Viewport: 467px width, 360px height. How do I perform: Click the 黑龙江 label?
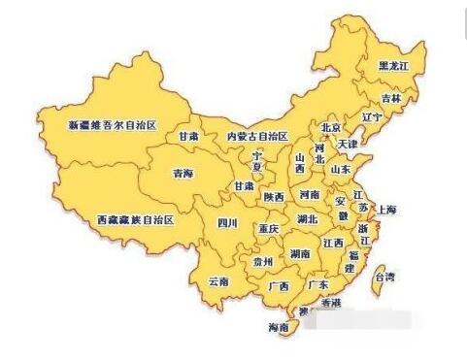pyautogui.click(x=395, y=66)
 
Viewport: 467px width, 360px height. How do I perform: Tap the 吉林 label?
pyautogui.click(x=390, y=98)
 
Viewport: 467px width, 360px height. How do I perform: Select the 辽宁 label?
pyautogui.click(x=372, y=118)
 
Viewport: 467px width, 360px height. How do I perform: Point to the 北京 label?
pyautogui.click(x=332, y=128)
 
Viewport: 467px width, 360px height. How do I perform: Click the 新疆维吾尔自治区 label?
pyautogui.click(x=113, y=126)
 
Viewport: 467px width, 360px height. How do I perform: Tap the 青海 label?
pyautogui.click(x=183, y=175)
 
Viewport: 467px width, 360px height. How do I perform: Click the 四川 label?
pyautogui.click(x=227, y=222)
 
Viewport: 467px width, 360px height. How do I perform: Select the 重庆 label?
pyautogui.click(x=268, y=229)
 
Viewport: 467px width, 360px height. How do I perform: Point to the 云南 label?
pyautogui.click(x=218, y=282)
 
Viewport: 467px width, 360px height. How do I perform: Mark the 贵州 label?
pyautogui.click(x=263, y=262)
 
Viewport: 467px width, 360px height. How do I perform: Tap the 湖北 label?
pyautogui.click(x=308, y=219)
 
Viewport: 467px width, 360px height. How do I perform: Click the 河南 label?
pyautogui.click(x=310, y=194)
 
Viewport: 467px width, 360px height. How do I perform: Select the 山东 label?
pyautogui.click(x=340, y=169)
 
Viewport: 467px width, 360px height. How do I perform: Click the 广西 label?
pyautogui.click(x=278, y=287)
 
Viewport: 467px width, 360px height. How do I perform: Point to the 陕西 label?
pyautogui.click(x=274, y=197)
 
